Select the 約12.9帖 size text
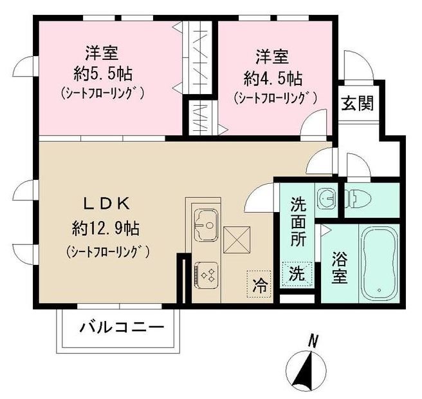[x=107, y=228]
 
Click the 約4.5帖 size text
[x=273, y=79]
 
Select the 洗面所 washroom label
[x=298, y=227]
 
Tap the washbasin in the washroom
[x=326, y=197]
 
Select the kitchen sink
[x=205, y=223]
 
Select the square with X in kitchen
[x=235, y=240]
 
